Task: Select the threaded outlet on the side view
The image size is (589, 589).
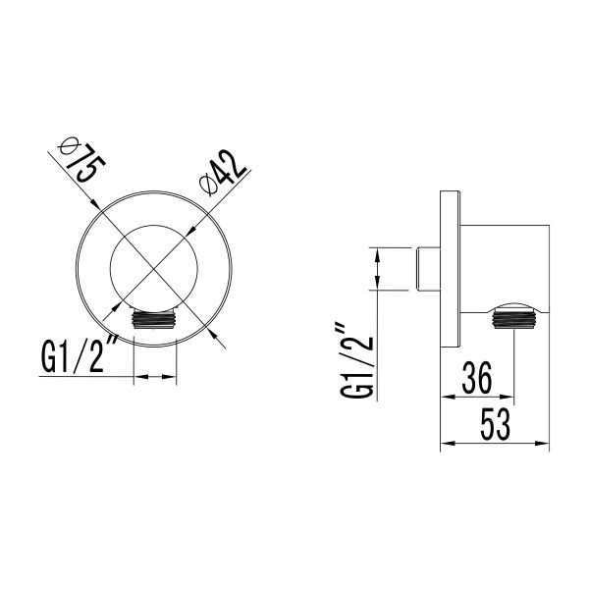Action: point(515,317)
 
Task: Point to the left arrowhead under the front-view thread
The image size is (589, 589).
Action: point(137,376)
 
